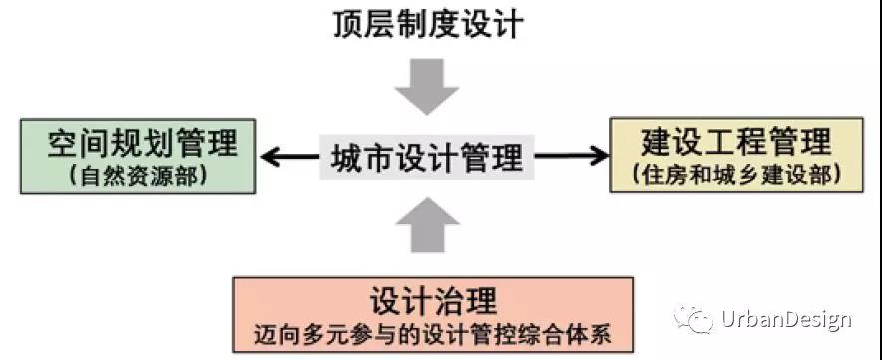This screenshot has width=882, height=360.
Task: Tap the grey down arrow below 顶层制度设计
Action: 426,86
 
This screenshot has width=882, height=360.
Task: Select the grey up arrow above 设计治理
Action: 426,225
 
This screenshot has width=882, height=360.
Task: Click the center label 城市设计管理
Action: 426,157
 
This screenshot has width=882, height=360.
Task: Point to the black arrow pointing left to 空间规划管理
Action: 290,156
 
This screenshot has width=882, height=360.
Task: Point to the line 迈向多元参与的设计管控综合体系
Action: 433,332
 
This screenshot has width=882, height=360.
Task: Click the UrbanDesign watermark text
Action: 785,320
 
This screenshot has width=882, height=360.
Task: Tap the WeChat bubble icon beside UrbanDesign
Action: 694,319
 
